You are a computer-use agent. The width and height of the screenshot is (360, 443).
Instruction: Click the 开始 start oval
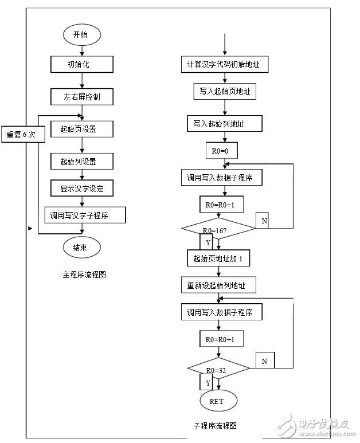[x=81, y=34]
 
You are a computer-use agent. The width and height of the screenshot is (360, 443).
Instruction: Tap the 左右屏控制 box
[x=81, y=97]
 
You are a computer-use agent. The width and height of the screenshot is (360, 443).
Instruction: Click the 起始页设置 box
[x=81, y=130]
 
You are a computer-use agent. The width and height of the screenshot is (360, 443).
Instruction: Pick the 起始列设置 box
[x=81, y=162]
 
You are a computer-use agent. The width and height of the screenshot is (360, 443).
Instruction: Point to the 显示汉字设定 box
[x=81, y=188]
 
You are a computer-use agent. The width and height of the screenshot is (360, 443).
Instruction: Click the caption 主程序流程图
[x=84, y=275]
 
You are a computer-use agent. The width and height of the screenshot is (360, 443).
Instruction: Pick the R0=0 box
[x=221, y=151]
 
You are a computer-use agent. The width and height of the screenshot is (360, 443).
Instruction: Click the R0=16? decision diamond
[x=218, y=229]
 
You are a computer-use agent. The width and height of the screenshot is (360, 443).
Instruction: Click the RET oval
[x=217, y=401]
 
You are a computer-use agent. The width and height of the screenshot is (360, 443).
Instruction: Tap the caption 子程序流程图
[x=215, y=426]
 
